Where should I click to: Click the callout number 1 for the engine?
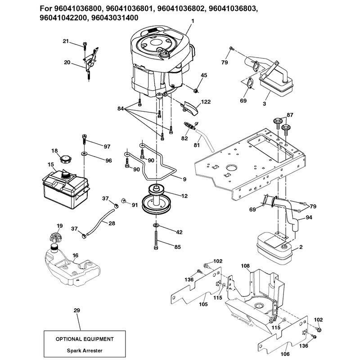click(193, 21)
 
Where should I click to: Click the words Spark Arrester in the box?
click(85, 351)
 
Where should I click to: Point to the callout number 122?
click(206, 102)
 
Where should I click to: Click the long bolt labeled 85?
click(156, 240)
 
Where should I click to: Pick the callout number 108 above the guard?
click(245, 266)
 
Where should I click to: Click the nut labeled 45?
click(196, 90)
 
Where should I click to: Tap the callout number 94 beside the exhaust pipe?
click(309, 217)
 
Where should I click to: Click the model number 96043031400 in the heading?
click(115, 18)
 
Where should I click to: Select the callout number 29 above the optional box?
click(76, 310)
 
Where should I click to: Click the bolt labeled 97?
click(84, 139)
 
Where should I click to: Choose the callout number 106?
click(285, 354)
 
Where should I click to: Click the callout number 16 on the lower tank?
click(75, 255)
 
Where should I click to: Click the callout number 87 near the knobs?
click(290, 115)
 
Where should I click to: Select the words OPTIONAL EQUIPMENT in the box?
click(85, 339)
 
